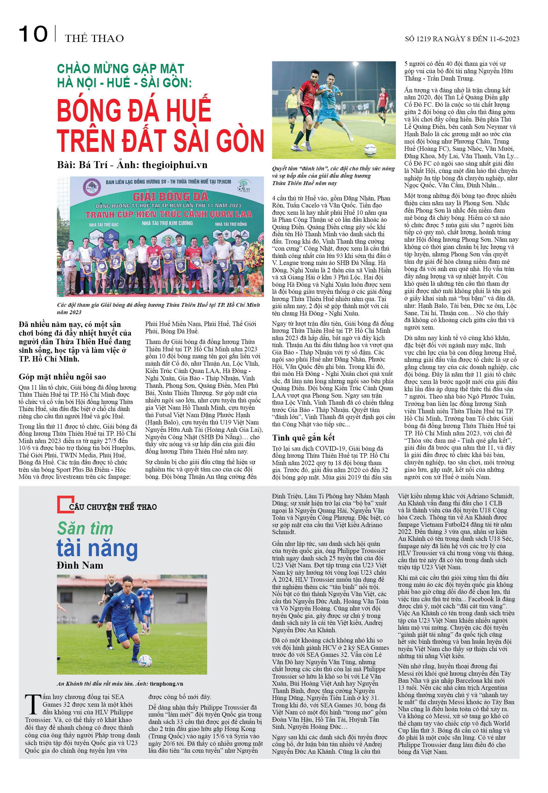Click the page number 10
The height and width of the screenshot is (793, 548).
(x=33, y=34)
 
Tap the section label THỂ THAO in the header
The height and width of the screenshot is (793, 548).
(x=94, y=38)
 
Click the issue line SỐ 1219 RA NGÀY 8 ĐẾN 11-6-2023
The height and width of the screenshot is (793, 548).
(x=462, y=39)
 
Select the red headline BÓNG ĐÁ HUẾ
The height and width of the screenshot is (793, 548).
(x=134, y=109)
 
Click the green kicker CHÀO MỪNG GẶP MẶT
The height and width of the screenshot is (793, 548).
(x=121, y=68)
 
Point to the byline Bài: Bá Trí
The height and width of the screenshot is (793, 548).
(x=83, y=165)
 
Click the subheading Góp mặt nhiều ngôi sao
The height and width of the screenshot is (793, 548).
(x=62, y=377)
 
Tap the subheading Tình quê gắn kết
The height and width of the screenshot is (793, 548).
(x=303, y=438)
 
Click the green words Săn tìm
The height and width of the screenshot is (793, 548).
(x=85, y=529)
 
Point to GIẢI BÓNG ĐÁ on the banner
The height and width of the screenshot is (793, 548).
(x=170, y=197)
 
